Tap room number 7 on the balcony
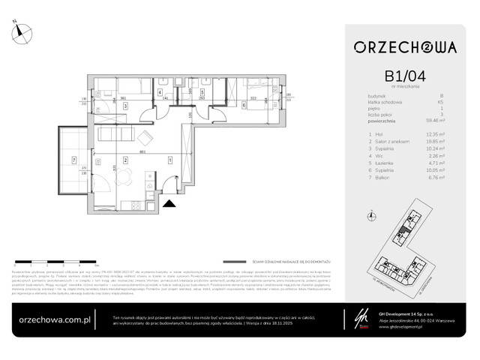point(73,159)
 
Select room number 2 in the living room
point(125,160)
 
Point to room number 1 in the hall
point(171,160)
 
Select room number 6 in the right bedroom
point(244,106)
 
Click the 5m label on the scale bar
point(95,265)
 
